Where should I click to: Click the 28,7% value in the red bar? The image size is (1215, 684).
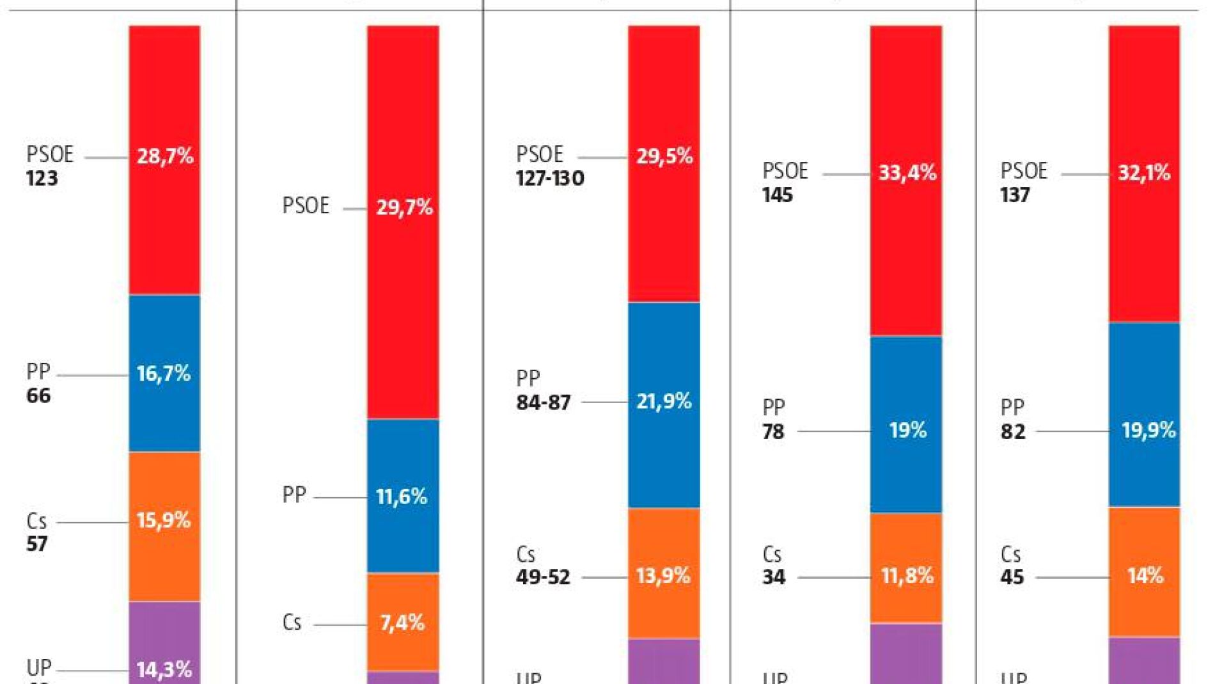point(165,156)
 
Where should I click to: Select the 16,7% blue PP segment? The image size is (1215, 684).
point(164,373)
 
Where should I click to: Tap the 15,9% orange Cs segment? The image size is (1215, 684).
point(164,520)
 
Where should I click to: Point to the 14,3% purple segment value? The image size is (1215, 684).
point(164,669)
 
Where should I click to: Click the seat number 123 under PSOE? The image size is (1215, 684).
point(42,179)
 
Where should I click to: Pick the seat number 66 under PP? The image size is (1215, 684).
point(38,396)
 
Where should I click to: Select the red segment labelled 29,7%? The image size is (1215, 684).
point(404,207)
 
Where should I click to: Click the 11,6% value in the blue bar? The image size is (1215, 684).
point(402,497)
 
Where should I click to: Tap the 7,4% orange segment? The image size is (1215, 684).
point(402,623)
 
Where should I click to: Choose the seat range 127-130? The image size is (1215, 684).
point(550,179)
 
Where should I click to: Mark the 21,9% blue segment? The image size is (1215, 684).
point(664,401)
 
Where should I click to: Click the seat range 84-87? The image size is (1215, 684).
point(544,403)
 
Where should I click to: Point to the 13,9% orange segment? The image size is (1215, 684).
point(663,576)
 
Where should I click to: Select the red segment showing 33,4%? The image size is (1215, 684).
point(907,173)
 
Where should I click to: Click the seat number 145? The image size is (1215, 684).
point(778,195)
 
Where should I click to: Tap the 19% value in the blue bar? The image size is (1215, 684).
point(907,430)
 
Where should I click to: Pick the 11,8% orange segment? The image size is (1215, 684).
point(907,576)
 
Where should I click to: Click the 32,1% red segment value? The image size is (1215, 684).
point(1144,173)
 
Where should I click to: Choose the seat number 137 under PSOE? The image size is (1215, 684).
point(1015,195)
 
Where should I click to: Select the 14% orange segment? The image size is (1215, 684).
point(1145,576)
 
